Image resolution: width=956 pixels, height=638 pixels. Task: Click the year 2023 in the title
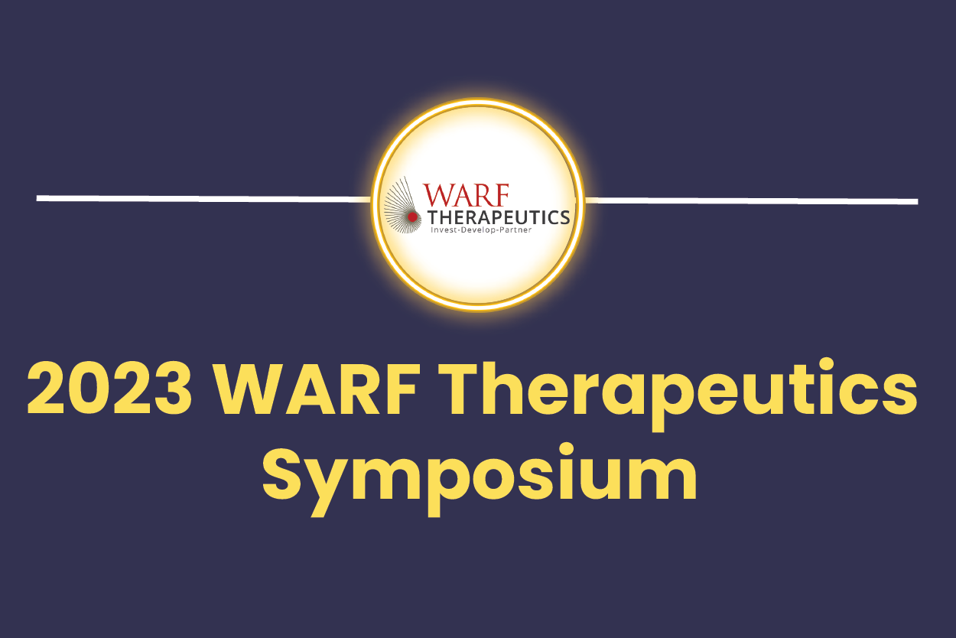109,389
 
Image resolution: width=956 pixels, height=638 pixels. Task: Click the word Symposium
480,479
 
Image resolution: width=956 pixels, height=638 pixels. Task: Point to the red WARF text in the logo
466,195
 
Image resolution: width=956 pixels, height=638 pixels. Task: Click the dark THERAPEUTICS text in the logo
499,217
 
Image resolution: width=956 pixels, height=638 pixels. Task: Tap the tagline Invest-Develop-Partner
481,230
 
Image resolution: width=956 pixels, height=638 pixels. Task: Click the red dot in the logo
412,216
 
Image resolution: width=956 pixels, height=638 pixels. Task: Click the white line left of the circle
203,198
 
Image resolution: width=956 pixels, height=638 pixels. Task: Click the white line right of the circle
752,200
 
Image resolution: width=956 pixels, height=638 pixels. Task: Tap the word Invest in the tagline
443,230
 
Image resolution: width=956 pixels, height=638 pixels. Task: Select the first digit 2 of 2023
46,389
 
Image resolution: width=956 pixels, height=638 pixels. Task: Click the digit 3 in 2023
174,389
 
